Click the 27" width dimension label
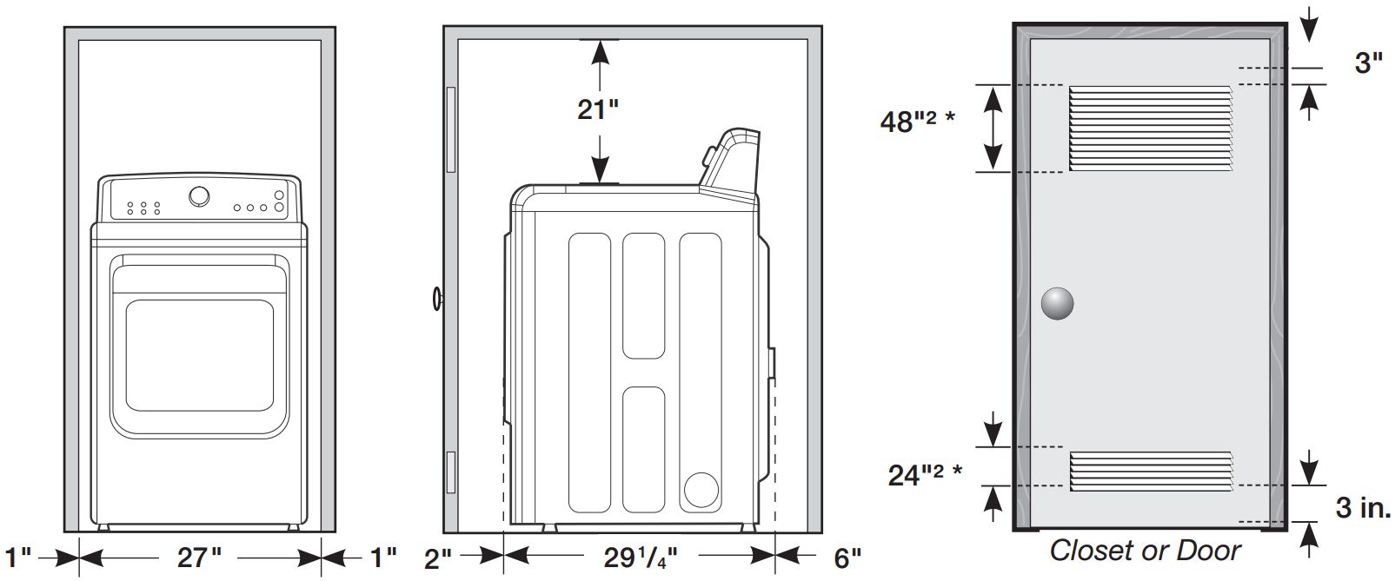tap(199, 557)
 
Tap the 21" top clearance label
tap(598, 109)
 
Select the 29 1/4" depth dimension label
tap(641, 558)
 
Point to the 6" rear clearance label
tap(847, 558)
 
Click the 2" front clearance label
tap(438, 559)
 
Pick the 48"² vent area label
tap(917, 122)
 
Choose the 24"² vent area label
tap(925, 475)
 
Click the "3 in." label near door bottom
tap(1363, 507)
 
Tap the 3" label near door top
tap(1368, 63)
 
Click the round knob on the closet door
tap(1058, 304)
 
